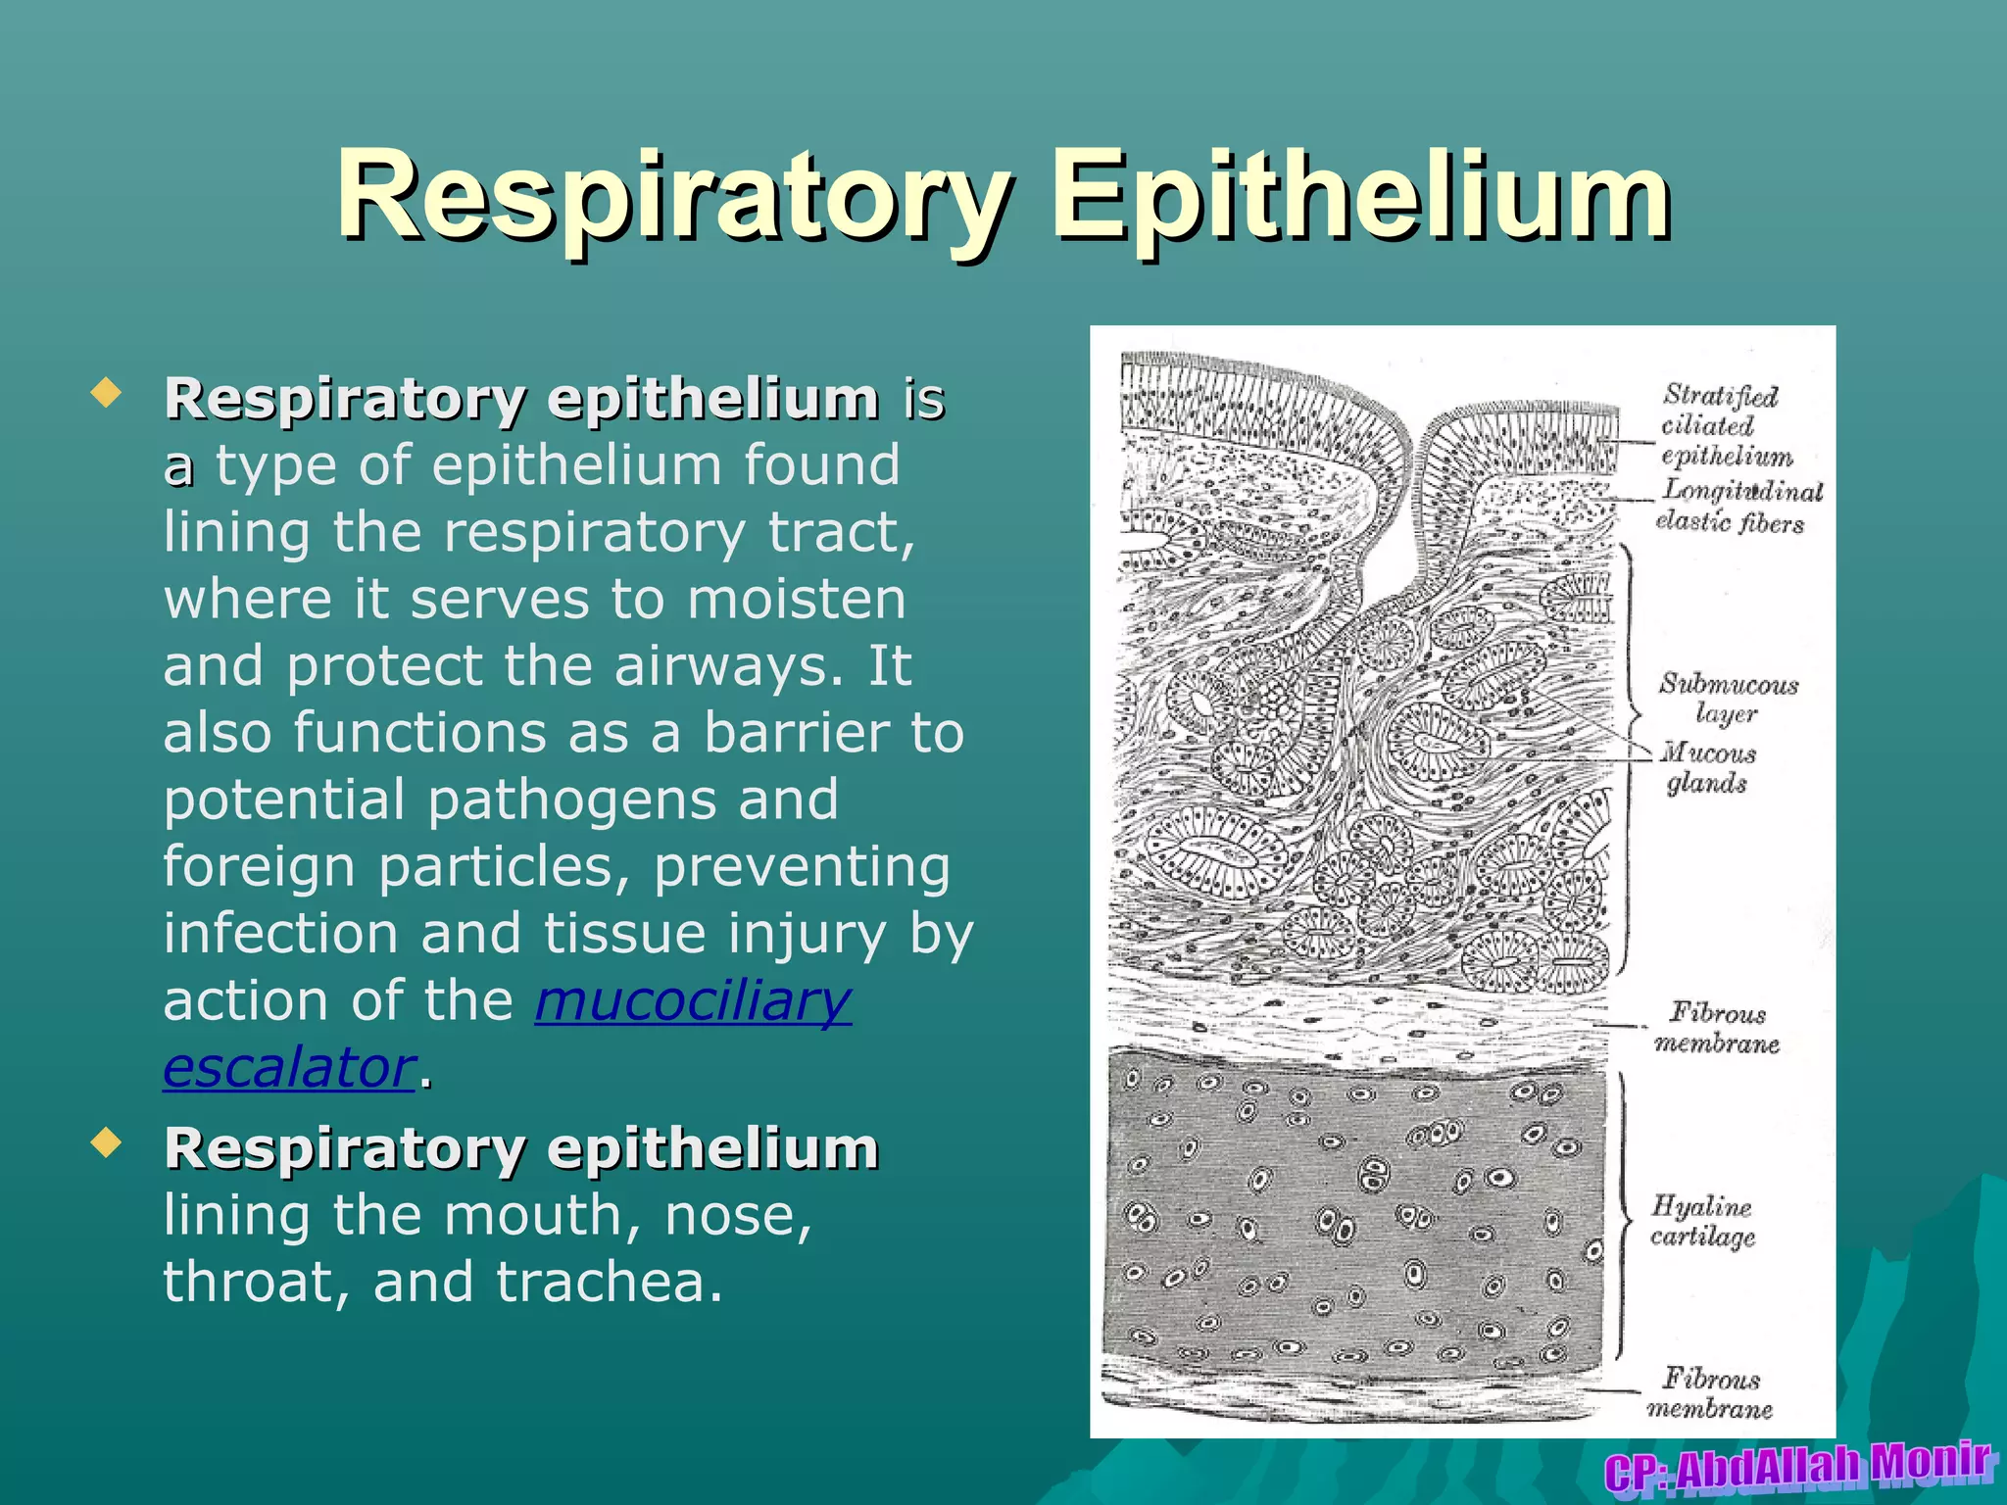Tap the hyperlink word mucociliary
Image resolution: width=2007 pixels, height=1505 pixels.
(x=693, y=1000)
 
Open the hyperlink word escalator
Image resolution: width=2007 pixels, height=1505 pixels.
(x=289, y=1067)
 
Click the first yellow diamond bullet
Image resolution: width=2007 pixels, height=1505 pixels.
(x=105, y=394)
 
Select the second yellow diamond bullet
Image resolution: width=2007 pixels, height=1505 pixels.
(x=105, y=1142)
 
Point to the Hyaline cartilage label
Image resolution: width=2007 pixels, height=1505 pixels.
(x=1703, y=1221)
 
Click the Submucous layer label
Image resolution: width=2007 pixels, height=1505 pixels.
(x=1728, y=698)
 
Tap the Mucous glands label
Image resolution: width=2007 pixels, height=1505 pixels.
(x=1708, y=767)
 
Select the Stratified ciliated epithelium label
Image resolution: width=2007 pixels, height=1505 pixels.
(x=1725, y=425)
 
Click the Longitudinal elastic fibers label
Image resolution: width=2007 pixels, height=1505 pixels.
(x=1737, y=506)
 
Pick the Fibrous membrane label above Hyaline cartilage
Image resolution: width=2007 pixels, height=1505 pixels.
(x=1717, y=1027)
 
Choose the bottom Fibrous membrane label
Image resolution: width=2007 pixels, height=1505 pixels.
(x=1711, y=1393)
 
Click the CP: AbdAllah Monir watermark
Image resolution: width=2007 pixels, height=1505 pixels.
(x=1798, y=1467)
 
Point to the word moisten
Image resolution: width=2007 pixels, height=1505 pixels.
(x=796, y=599)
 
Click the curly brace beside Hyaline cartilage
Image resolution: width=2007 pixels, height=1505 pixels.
(x=1621, y=1215)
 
